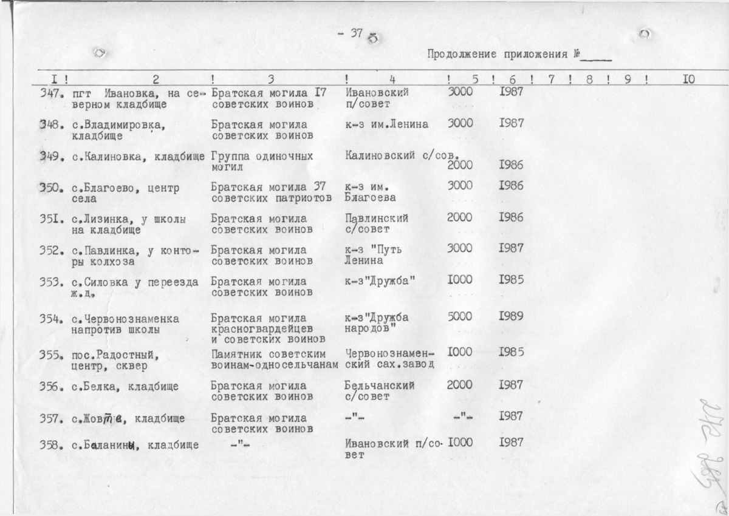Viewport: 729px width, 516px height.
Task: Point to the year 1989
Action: click(511, 317)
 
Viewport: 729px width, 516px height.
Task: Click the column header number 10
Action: click(688, 78)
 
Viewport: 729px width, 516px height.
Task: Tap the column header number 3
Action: click(271, 78)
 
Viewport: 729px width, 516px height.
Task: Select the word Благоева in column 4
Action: click(370, 197)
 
